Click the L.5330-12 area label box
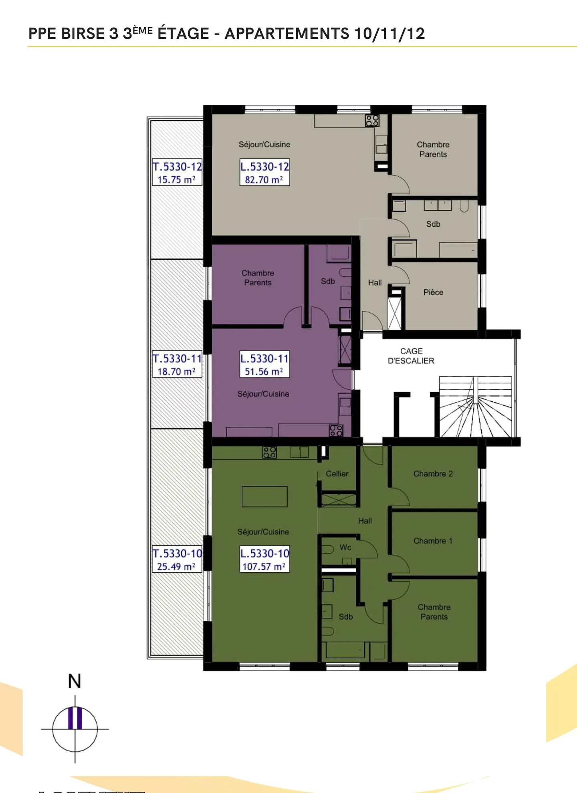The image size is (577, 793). coord(264,173)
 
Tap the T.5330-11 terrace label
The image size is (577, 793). coord(177,364)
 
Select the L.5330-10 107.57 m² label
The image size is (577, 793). coord(264,560)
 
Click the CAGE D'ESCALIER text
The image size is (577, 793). coord(411,356)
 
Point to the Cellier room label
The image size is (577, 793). coord(337,474)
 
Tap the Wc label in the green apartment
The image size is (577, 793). coord(345,547)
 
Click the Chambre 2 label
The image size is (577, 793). coord(433,474)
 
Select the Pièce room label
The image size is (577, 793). coord(433,292)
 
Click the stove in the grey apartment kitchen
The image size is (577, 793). coord(372,121)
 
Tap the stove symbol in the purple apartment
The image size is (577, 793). coord(336,431)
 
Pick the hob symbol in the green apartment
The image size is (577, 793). coord(269,453)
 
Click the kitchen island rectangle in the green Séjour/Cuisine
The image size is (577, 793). coord(264,497)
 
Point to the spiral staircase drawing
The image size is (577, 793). coord(475,409)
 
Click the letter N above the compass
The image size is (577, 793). coord(75,681)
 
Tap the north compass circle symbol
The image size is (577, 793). coord(75,729)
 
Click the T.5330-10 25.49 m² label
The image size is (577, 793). coord(177,560)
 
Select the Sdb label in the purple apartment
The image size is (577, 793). coord(328,282)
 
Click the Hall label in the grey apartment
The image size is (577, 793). coord(375,283)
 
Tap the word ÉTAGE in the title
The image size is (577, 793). coord(183,34)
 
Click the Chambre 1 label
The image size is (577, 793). coord(433,541)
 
